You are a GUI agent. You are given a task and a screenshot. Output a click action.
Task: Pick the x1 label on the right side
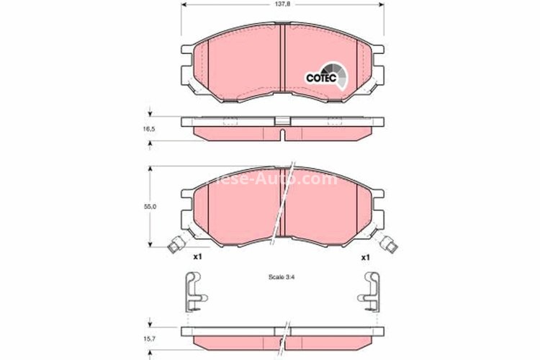click(365, 256)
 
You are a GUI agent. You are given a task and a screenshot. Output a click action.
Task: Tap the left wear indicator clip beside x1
click(174, 246)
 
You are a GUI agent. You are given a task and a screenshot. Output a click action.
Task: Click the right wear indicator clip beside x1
click(390, 246)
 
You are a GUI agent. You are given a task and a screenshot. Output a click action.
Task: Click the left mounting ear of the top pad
click(186, 68)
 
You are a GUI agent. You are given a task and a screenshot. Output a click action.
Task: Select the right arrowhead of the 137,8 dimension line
click(379, 5)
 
